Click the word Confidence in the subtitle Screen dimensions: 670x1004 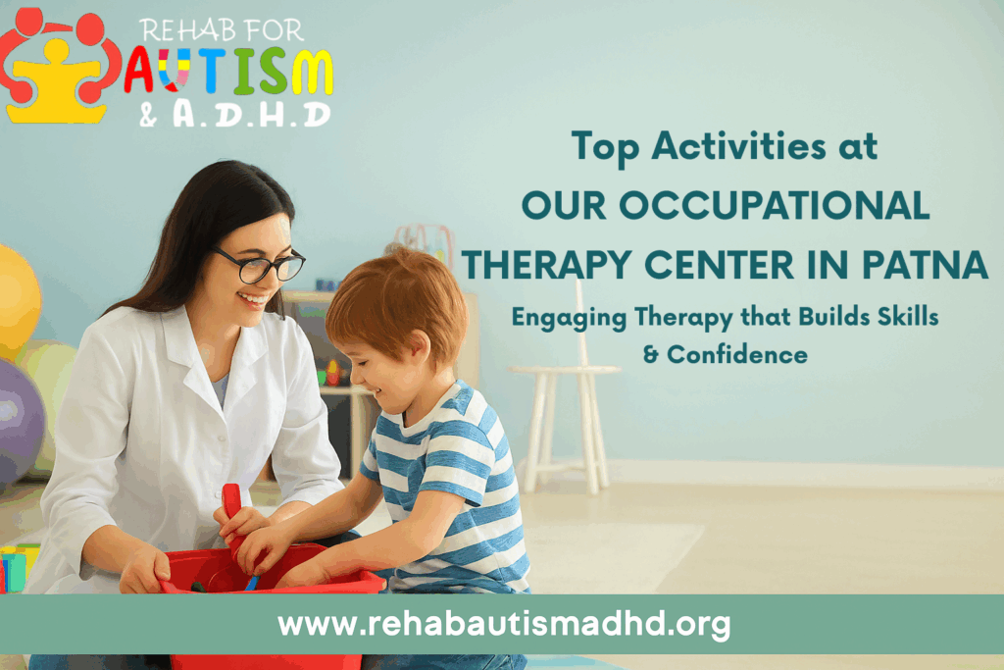pyautogui.click(x=737, y=354)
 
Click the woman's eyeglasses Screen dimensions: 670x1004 pyautogui.click(x=261, y=263)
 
